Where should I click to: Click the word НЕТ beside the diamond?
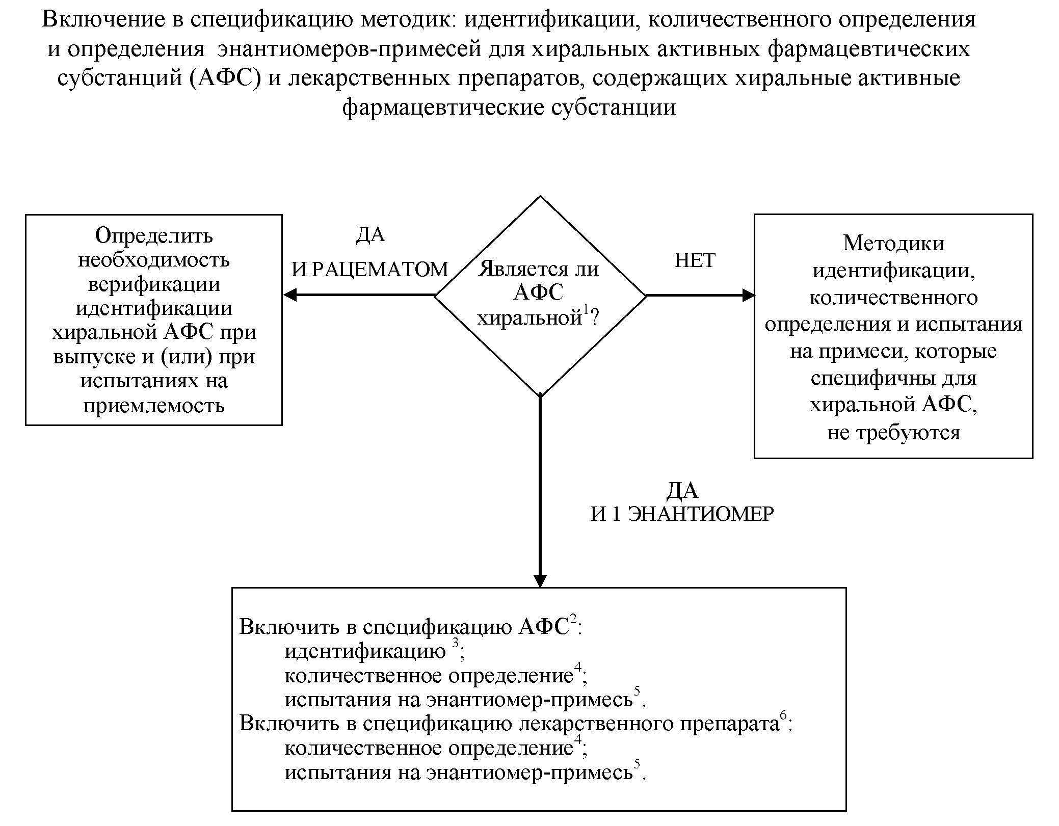tap(695, 260)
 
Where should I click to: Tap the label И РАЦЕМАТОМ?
tap(369, 270)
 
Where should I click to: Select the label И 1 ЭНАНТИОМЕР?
tap(682, 514)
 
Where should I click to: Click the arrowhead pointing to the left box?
tap(290, 295)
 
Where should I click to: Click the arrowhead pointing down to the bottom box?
tap(540, 581)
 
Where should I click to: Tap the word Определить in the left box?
tap(154, 235)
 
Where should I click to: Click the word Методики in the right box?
tap(893, 243)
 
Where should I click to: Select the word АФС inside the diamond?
tap(539, 293)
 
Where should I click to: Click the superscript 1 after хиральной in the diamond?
tap(586, 310)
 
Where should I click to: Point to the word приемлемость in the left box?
tap(154, 406)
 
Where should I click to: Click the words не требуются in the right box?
tap(893, 433)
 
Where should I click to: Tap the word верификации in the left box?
tap(154, 284)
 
